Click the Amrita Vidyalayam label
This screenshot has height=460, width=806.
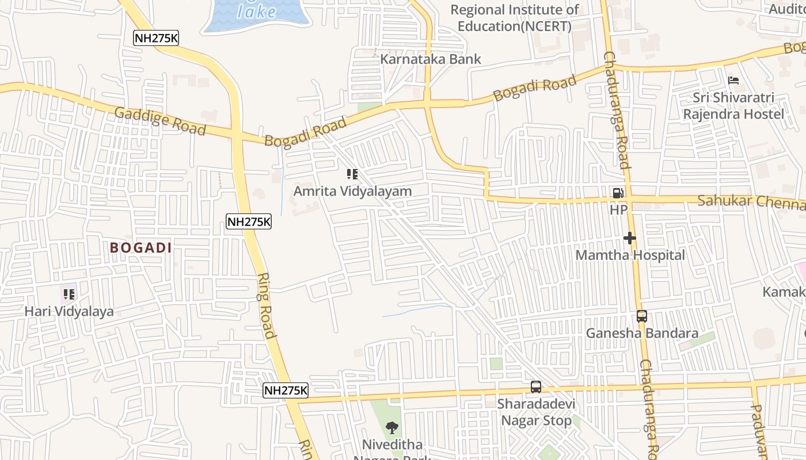pyautogui.click(x=352, y=191)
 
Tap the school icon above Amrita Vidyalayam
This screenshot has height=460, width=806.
pyautogui.click(x=352, y=174)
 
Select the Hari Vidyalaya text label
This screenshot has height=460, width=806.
pyautogui.click(x=69, y=311)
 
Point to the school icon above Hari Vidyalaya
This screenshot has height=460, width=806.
pyautogui.click(x=69, y=294)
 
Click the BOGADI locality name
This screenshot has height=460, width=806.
pyautogui.click(x=141, y=248)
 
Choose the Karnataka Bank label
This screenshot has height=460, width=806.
pyautogui.click(x=431, y=59)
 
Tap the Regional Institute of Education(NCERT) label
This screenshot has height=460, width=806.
pyautogui.click(x=514, y=18)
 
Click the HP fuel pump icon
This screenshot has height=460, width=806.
pyautogui.click(x=618, y=194)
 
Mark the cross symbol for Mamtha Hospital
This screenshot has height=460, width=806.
pyautogui.click(x=629, y=237)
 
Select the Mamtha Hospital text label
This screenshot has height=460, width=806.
pyautogui.click(x=630, y=255)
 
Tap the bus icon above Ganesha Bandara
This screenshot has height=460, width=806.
pyautogui.click(x=642, y=316)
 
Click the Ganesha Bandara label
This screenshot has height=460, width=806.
pyautogui.click(x=642, y=333)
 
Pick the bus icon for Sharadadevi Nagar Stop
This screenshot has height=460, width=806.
pyautogui.click(x=536, y=387)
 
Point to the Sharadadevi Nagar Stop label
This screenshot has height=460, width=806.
pyautogui.click(x=536, y=412)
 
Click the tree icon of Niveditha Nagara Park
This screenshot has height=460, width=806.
pyautogui.click(x=392, y=428)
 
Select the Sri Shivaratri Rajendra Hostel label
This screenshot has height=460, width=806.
pyautogui.click(x=733, y=106)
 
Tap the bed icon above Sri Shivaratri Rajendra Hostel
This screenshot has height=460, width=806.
pyautogui.click(x=733, y=80)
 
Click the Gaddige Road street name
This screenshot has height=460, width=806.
pyautogui.click(x=160, y=121)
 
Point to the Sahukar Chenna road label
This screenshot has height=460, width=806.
pyautogui.click(x=750, y=202)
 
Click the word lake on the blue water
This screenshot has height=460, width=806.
pyautogui.click(x=256, y=11)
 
